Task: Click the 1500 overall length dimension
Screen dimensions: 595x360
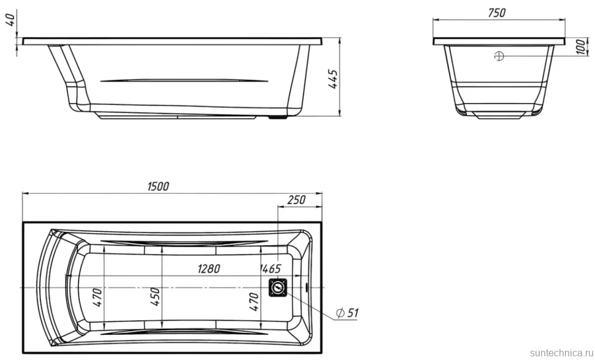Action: (158, 186)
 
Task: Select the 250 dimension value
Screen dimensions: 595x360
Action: (296, 200)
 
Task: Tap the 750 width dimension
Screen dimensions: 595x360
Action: (497, 13)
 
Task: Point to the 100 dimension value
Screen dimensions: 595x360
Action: (581, 47)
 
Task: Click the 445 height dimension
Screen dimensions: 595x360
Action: (333, 79)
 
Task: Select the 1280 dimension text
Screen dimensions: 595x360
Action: (209, 269)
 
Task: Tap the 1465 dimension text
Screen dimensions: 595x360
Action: (270, 269)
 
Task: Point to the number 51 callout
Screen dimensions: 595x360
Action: (353, 313)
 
